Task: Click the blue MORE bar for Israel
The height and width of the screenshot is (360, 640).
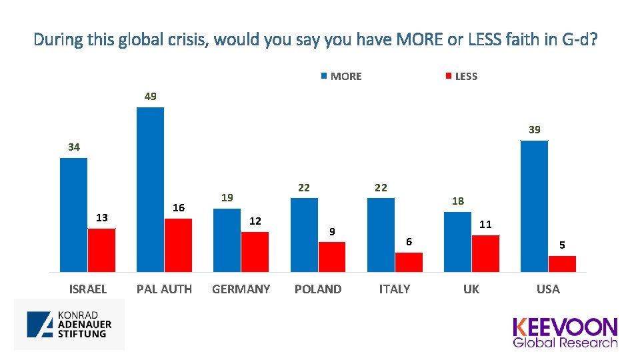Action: [x=73, y=215]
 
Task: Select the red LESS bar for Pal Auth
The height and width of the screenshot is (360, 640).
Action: [x=178, y=245]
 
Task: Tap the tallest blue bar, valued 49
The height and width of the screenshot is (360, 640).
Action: [x=150, y=189]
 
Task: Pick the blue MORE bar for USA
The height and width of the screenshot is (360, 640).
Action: [x=534, y=206]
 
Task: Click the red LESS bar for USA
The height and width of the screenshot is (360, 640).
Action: [x=562, y=264]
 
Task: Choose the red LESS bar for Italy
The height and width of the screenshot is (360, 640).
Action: [x=409, y=262]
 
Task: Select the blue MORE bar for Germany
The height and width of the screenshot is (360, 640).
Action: [x=227, y=240]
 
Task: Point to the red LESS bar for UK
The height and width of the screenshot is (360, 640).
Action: [x=485, y=253]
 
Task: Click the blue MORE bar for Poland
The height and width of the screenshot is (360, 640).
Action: [x=304, y=235]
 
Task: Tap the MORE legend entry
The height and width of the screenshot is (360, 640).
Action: [x=341, y=76]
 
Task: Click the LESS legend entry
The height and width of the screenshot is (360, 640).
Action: [x=461, y=76]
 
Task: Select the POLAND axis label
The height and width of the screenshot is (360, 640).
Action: [x=318, y=289]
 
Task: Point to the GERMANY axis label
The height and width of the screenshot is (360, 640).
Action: [x=241, y=289]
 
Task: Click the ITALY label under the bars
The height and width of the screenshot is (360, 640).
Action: [x=395, y=289]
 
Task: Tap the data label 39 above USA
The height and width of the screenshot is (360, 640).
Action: [x=535, y=130]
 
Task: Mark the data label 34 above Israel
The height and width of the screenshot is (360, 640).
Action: [x=74, y=147]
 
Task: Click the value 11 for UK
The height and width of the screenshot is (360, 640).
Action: [x=485, y=224]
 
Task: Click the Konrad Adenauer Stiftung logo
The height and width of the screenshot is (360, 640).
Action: [x=69, y=324]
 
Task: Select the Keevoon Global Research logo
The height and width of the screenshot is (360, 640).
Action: [x=565, y=332]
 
